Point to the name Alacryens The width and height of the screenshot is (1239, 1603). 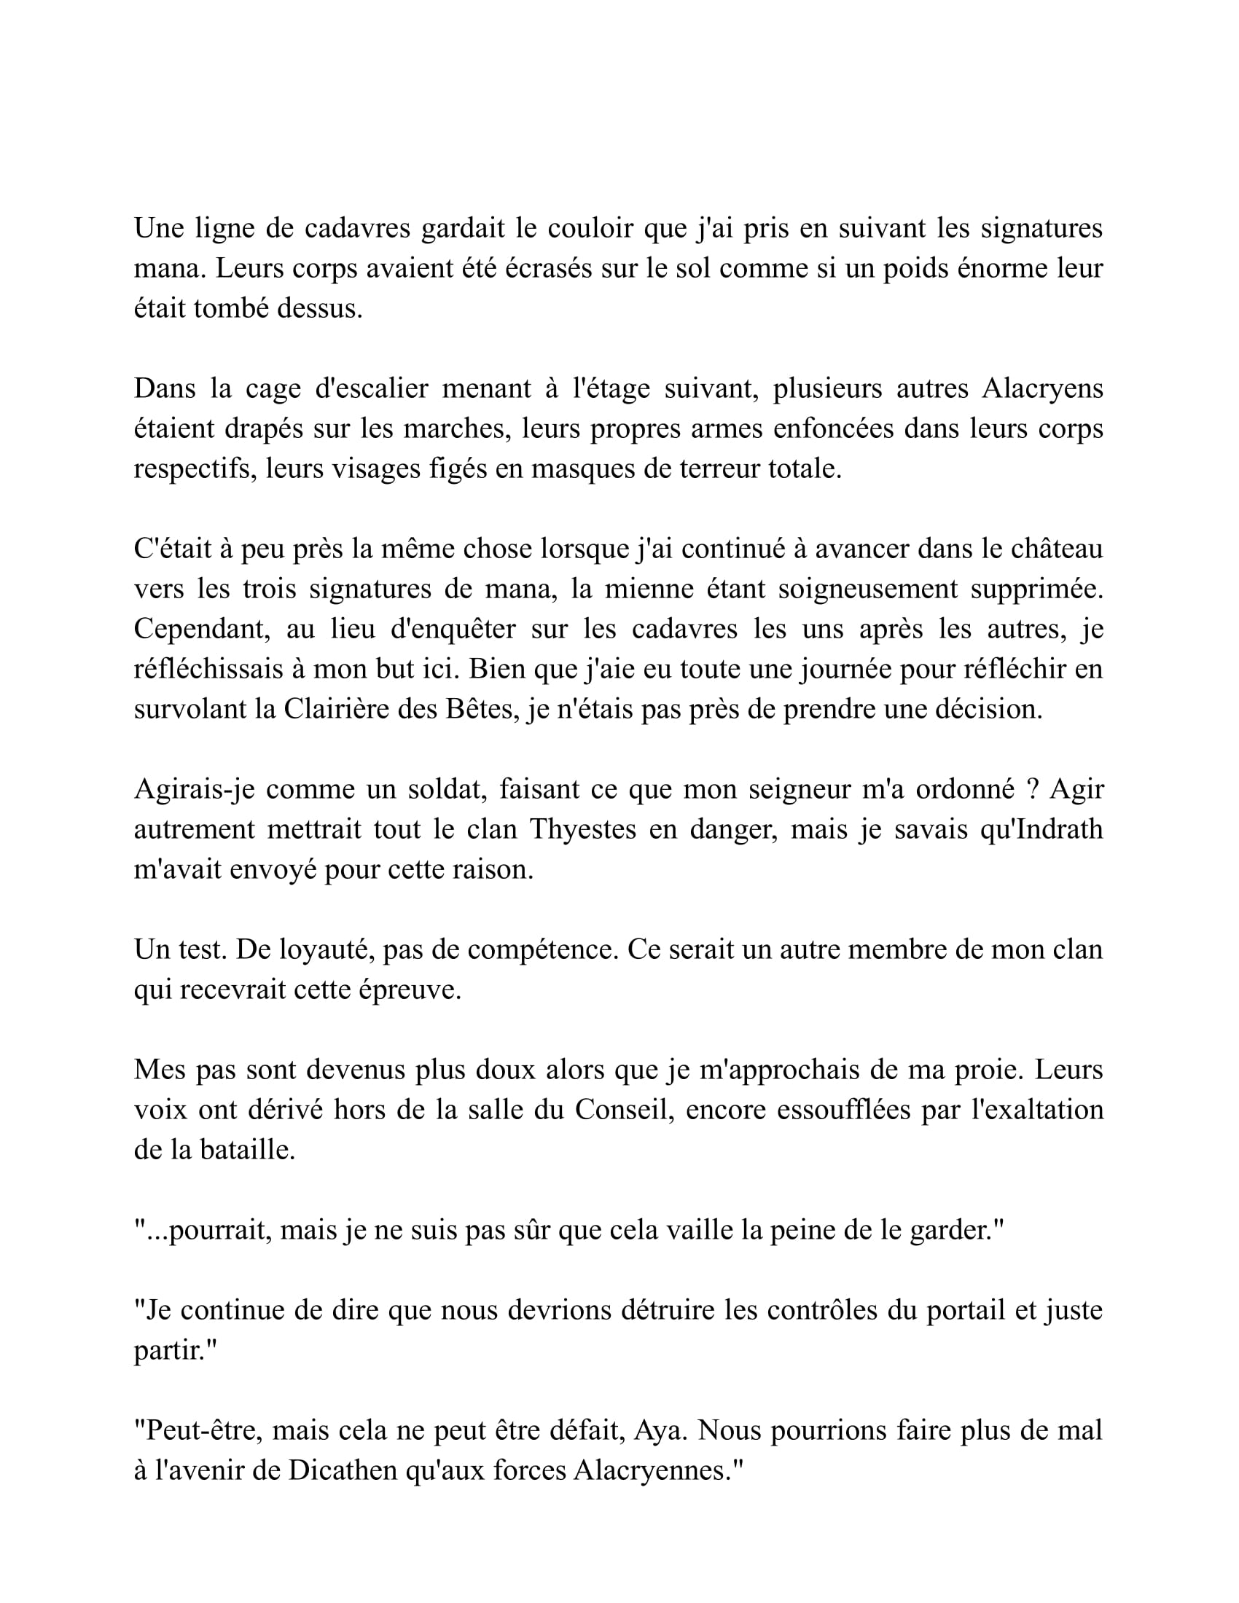(1042, 389)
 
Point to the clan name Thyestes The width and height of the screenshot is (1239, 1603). (582, 830)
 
